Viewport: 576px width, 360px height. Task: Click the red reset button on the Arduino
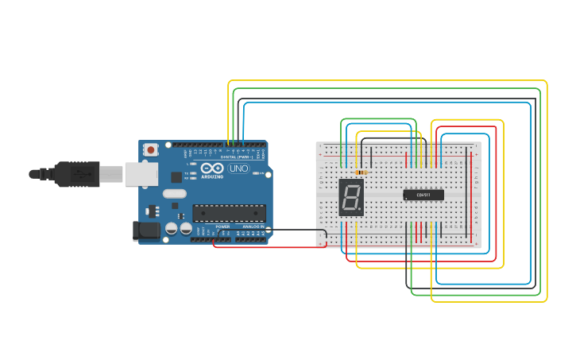click(x=151, y=149)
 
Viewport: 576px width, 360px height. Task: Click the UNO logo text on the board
click(x=238, y=168)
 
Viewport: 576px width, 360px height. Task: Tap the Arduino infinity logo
click(x=211, y=168)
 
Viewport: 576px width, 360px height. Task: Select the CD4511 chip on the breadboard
click(x=423, y=195)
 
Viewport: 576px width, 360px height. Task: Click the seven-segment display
click(x=351, y=197)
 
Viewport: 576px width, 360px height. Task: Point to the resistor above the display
click(x=361, y=172)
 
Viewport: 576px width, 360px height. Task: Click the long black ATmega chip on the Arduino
click(x=229, y=212)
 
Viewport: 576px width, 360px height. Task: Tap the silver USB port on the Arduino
click(x=141, y=174)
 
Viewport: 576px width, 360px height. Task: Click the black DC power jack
click(x=145, y=230)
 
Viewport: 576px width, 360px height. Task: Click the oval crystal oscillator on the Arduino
click(x=174, y=193)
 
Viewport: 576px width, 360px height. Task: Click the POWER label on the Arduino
click(x=223, y=226)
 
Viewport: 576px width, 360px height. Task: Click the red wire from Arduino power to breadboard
click(x=270, y=247)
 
